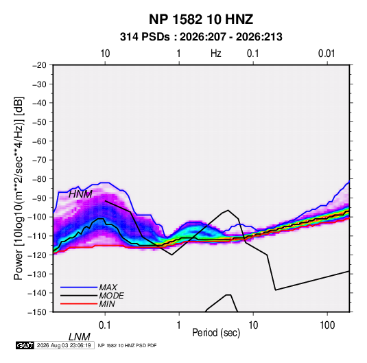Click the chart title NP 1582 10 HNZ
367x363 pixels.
pos(201,19)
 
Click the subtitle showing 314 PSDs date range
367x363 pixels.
pos(201,37)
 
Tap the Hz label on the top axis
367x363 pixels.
pos(216,54)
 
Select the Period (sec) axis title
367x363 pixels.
pos(216,333)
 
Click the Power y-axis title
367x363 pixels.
pos(19,188)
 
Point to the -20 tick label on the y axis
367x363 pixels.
pos(39,65)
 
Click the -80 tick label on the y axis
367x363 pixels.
pos(39,179)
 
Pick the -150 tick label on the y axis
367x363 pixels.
pos(37,312)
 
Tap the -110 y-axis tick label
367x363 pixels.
pos(37,236)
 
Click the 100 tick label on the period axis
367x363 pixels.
pos(327,325)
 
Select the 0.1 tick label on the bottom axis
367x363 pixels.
pos(104,325)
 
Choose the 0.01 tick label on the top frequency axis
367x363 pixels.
pos(327,54)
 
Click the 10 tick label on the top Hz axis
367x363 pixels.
pos(105,54)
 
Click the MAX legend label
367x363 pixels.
pos(108,288)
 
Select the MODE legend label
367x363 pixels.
pos(111,296)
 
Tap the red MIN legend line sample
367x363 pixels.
pos(79,304)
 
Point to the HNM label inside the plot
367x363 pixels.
pos(80,194)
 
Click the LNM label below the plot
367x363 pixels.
pos(80,337)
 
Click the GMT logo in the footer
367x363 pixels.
pos(25,345)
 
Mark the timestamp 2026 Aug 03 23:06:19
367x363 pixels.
pos(64,345)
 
